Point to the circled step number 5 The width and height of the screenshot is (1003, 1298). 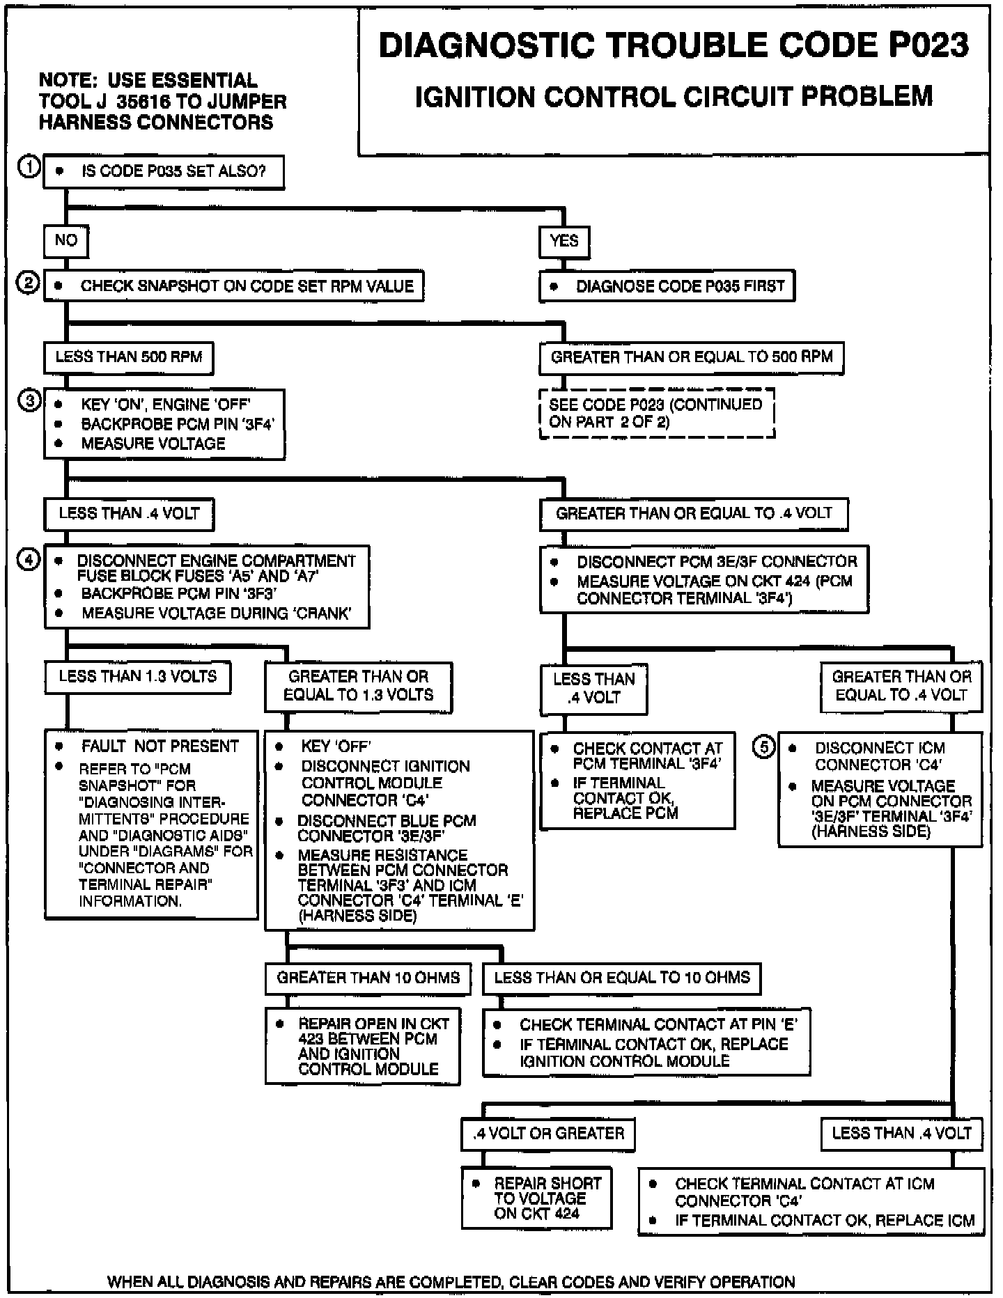(763, 747)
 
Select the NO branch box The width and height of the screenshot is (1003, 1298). (66, 240)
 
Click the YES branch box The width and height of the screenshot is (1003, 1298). (564, 241)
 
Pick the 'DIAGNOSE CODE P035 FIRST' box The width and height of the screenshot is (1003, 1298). (667, 286)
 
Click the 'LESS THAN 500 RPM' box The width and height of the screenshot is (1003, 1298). (129, 357)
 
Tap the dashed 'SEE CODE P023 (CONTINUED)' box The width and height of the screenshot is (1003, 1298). (657, 413)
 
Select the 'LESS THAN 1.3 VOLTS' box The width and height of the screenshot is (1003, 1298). (138, 676)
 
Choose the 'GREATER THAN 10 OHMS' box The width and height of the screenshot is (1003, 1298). (368, 978)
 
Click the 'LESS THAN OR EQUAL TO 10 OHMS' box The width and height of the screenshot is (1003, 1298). (622, 978)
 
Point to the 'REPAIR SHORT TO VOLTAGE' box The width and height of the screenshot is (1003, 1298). (537, 1198)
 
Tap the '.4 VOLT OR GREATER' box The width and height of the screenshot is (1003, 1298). (548, 1133)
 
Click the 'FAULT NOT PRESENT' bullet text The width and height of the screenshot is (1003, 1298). (160, 746)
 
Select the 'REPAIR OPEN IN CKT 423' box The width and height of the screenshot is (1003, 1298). (363, 1046)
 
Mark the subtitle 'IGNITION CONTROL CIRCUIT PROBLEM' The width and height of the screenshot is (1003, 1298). (674, 96)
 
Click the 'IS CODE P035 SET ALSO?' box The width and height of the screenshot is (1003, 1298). (164, 171)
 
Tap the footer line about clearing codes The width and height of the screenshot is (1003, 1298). (451, 1281)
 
